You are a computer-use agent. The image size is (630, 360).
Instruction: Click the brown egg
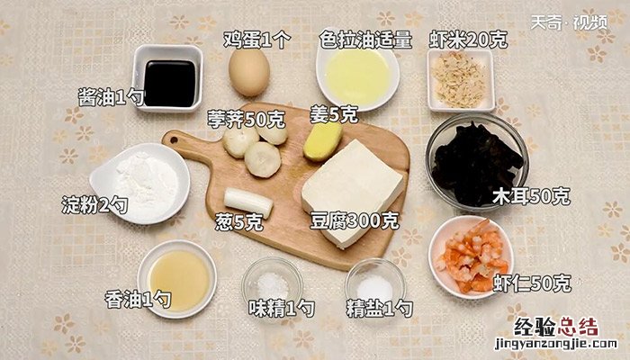click(x=249, y=72)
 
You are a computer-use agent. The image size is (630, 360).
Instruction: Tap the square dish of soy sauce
click(x=168, y=78)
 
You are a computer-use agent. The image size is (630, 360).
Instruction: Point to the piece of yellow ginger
click(x=322, y=141)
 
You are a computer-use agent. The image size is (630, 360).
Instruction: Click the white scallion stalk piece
click(x=248, y=202)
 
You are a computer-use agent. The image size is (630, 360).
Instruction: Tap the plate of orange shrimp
click(x=471, y=257)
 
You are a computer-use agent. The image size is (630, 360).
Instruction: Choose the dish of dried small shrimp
click(x=461, y=80)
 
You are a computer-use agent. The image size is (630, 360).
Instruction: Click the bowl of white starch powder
click(x=139, y=184)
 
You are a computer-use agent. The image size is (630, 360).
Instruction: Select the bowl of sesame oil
click(x=176, y=279)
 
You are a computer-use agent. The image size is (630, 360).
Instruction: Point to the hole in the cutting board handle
click(x=174, y=140)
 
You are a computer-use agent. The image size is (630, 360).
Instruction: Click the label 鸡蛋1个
click(x=257, y=40)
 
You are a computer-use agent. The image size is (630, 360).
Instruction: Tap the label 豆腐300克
click(x=355, y=220)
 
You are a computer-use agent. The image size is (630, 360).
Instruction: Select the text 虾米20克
click(x=468, y=40)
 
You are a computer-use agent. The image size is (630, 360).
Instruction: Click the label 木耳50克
click(x=531, y=196)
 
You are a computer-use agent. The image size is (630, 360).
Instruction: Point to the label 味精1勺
click(x=281, y=309)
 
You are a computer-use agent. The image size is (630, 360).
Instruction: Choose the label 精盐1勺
click(x=379, y=309)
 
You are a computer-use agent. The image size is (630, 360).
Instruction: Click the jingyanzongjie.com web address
click(x=556, y=344)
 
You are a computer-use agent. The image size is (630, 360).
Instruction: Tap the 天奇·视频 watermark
click(x=569, y=22)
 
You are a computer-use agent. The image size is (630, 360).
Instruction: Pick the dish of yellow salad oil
click(x=357, y=75)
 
